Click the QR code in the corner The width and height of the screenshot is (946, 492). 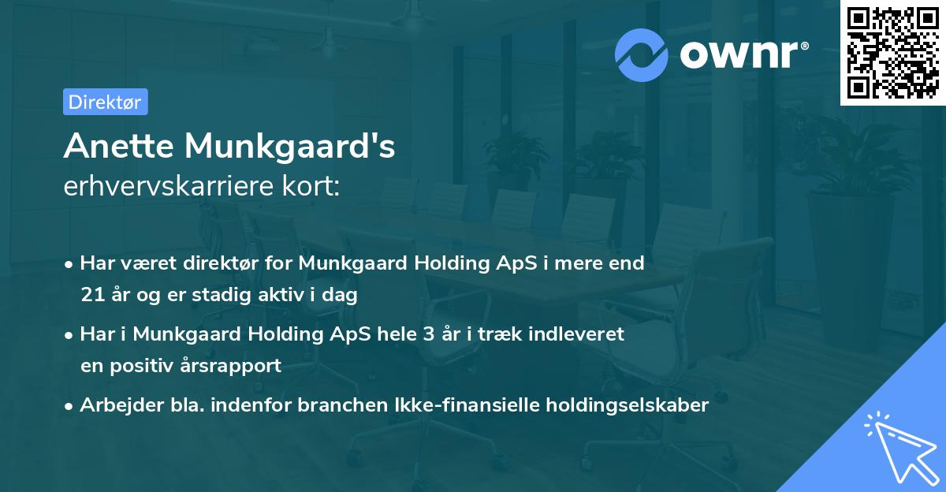pyautogui.click(x=892, y=53)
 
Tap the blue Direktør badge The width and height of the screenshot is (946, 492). pyautogui.click(x=105, y=102)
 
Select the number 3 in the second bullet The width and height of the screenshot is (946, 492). pyautogui.click(x=428, y=334)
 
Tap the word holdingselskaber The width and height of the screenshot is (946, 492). pyautogui.click(x=631, y=405)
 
